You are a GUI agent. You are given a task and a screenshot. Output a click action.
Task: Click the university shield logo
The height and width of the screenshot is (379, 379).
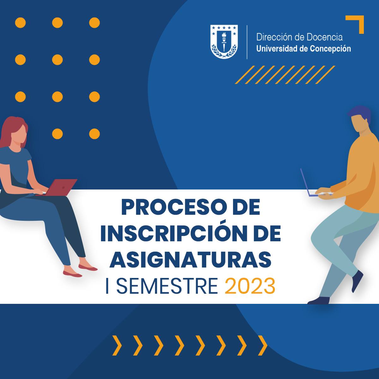(224, 41)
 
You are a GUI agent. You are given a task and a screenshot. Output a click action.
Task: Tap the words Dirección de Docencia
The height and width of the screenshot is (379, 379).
(299, 37)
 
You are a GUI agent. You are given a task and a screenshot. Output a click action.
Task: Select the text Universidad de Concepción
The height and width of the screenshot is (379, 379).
(304, 49)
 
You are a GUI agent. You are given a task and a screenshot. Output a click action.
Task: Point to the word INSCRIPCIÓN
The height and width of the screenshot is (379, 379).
(175, 234)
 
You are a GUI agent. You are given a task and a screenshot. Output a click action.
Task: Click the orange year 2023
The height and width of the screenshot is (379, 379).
(250, 286)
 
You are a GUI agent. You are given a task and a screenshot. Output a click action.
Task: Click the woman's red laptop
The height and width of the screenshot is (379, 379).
(59, 187)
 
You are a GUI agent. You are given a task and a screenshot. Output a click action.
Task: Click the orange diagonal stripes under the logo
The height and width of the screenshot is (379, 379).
(285, 75)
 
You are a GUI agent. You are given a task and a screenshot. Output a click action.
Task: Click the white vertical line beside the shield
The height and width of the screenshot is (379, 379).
(247, 42)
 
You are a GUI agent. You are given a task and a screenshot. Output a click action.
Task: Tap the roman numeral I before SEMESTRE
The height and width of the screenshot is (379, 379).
(107, 286)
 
